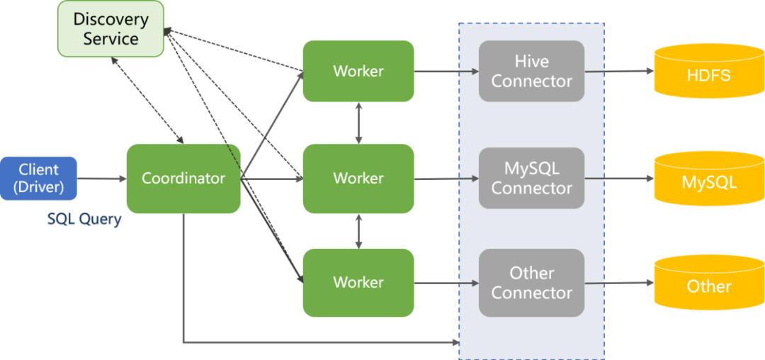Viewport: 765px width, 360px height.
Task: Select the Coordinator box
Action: point(183,178)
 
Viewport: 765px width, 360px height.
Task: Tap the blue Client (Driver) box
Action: point(38,178)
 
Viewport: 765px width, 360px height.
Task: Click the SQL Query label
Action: point(84,220)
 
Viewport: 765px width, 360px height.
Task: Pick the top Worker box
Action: point(358,71)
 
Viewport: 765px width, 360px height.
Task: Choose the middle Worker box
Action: point(358,178)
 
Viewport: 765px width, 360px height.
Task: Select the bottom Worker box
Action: point(358,282)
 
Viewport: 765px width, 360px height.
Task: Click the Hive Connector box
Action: point(531,71)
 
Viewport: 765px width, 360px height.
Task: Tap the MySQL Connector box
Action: point(531,178)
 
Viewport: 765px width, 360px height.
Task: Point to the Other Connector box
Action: point(531,282)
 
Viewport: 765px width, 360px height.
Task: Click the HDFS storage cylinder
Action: point(708,72)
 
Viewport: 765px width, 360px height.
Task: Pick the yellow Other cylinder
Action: point(708,285)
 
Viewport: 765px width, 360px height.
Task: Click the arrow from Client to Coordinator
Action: point(101,179)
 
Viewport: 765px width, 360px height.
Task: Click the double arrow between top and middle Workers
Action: point(359,122)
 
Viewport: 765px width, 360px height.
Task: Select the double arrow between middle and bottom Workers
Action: point(359,231)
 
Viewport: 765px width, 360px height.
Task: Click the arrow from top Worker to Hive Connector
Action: point(446,71)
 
